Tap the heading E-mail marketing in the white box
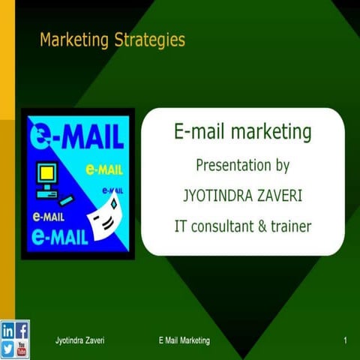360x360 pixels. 242,133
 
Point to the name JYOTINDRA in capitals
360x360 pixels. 217,195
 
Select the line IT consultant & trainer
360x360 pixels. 242,224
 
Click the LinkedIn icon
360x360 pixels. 7,329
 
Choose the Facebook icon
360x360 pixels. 22,329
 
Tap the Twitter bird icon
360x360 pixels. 7,348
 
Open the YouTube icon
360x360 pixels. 22,348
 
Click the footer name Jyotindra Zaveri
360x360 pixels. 79,341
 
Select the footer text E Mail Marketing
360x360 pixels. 184,341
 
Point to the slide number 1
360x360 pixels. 344,341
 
